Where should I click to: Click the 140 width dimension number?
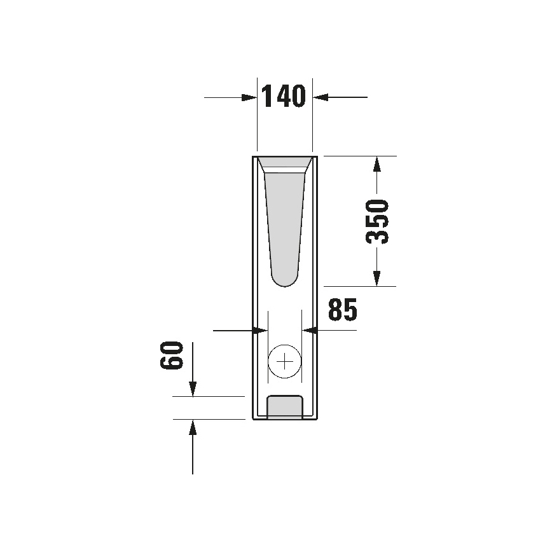tap(284, 97)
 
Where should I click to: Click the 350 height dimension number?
tap(377, 221)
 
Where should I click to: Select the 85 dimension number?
tap(343, 310)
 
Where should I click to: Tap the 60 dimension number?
tap(172, 355)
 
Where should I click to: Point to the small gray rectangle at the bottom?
tap(284, 407)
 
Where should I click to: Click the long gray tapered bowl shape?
tap(284, 223)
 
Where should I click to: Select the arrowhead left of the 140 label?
tap(249, 97)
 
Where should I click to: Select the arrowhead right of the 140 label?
tap(320, 97)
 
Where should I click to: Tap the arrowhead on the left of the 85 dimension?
tap(259, 330)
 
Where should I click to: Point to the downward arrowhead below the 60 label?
tap(193, 388)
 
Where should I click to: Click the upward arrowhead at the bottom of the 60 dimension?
tap(193, 427)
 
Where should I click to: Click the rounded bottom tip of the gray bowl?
tap(284, 280)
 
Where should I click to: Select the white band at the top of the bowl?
tap(284, 169)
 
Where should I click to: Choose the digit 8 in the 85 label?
tap(335, 310)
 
